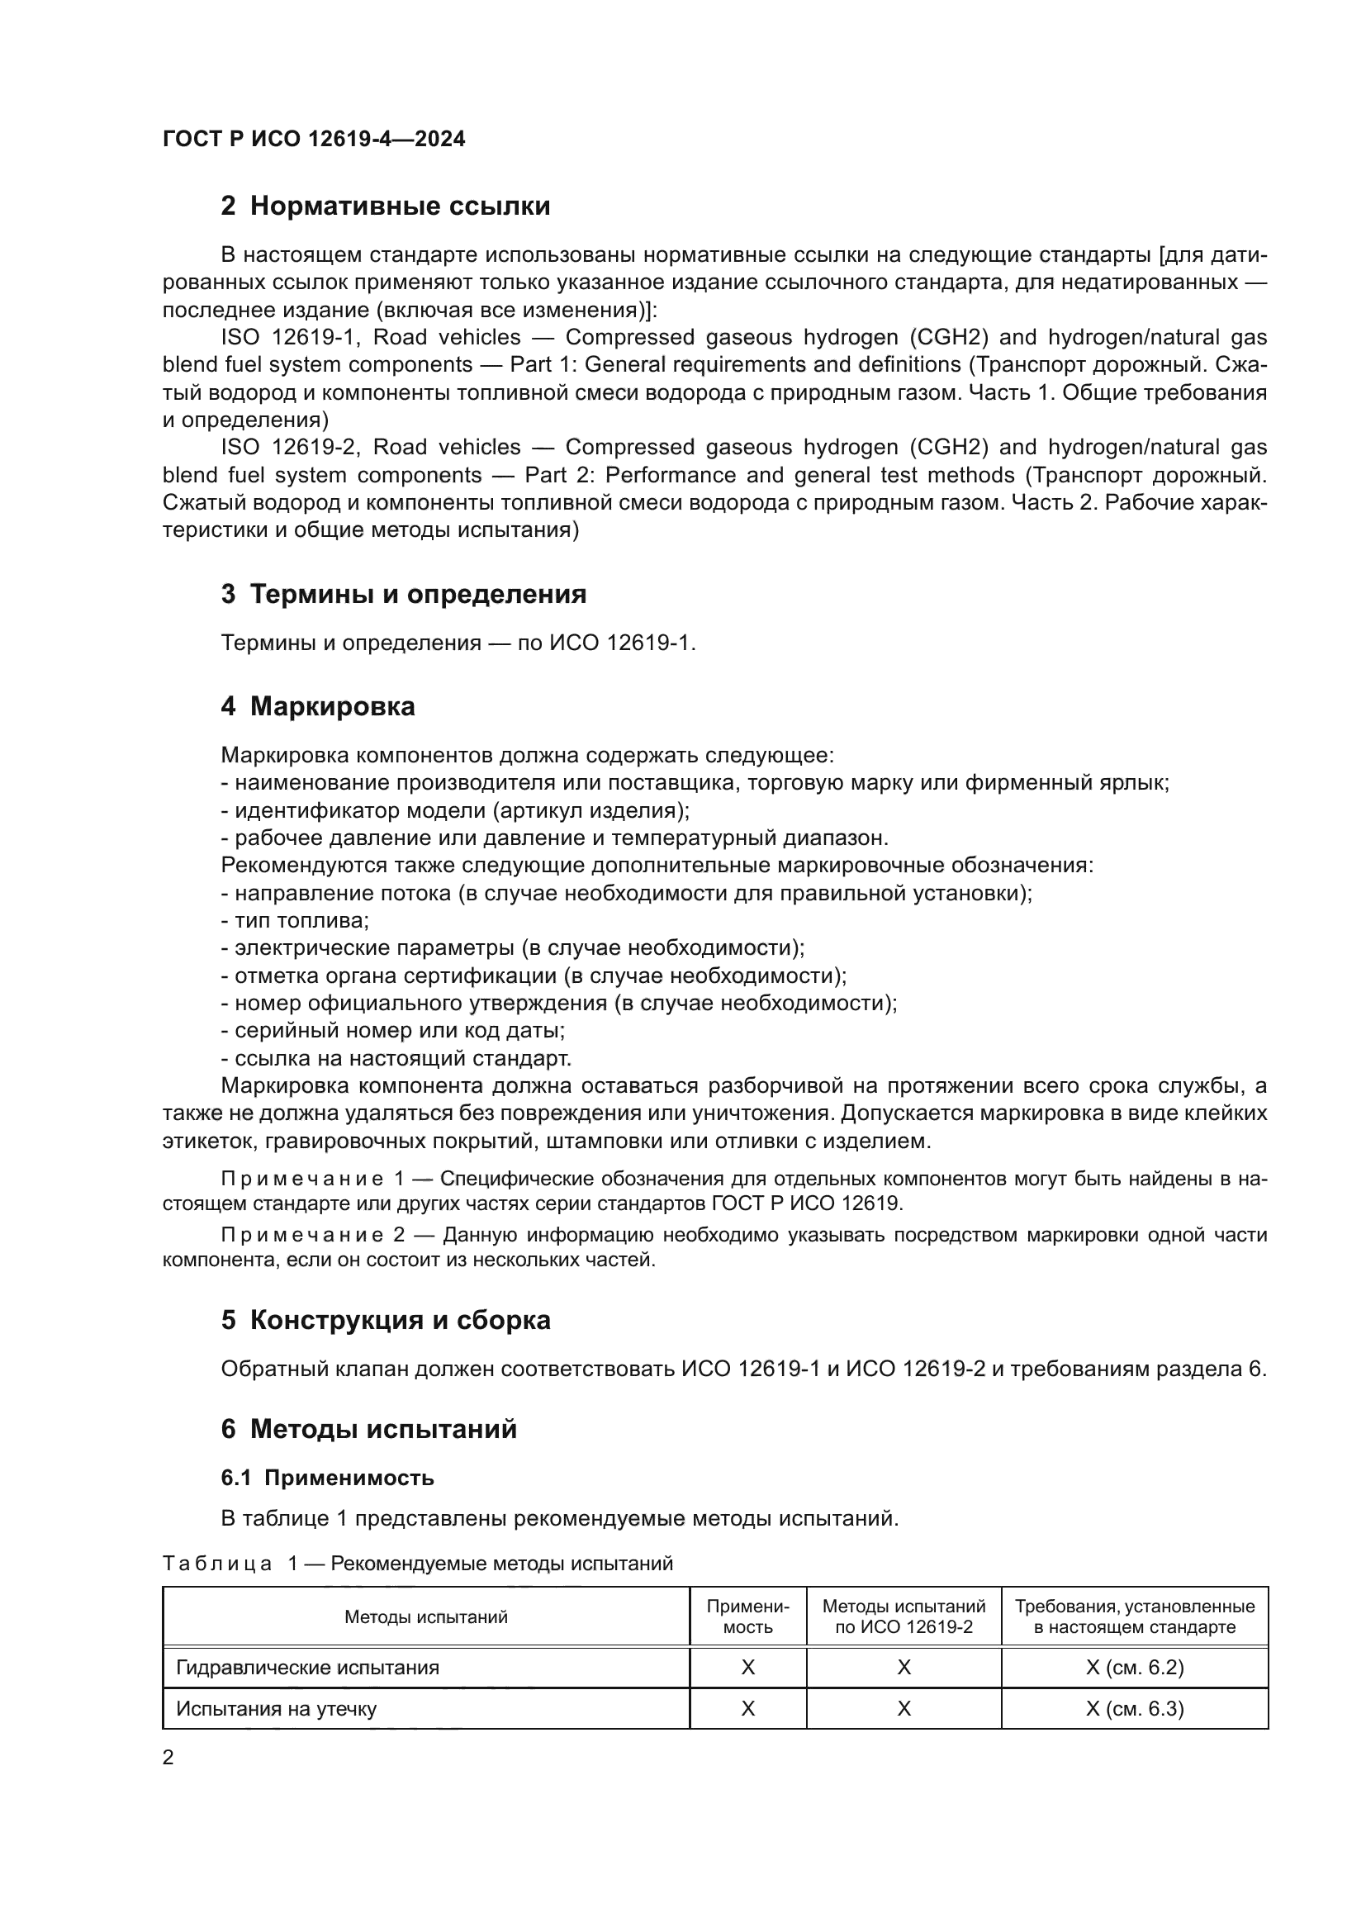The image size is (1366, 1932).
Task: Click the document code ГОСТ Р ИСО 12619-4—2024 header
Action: point(314,139)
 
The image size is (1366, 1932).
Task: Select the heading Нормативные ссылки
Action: point(400,206)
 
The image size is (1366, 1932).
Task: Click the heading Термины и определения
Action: point(418,594)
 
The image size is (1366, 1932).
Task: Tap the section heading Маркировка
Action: point(332,706)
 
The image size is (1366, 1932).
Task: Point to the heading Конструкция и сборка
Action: point(400,1319)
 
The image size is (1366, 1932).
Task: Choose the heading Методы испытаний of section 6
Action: point(382,1429)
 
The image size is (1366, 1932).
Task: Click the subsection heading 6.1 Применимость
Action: point(327,1478)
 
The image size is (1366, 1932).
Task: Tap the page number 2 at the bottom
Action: point(168,1758)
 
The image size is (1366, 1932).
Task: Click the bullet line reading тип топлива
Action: point(296,920)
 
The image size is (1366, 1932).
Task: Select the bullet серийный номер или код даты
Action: point(394,1031)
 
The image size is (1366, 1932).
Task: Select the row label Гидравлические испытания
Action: point(308,1668)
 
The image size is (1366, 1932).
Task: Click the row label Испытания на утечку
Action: point(276,1709)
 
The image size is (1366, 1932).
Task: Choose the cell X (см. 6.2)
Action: point(1135,1668)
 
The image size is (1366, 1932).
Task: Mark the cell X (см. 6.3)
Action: point(1135,1709)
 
